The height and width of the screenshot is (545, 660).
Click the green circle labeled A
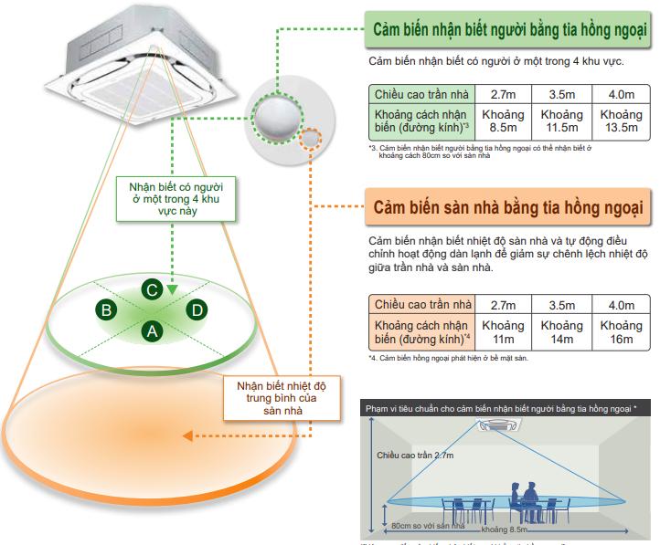(x=153, y=331)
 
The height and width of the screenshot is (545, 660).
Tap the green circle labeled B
(x=107, y=311)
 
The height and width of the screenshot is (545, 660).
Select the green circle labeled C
(x=153, y=290)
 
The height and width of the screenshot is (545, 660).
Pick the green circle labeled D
(x=196, y=311)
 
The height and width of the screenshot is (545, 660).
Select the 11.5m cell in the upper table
(x=562, y=121)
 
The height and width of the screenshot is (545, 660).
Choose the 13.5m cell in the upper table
(x=621, y=121)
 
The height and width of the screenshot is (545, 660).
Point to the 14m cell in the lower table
(x=562, y=332)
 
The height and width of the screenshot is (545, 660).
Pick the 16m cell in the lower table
(x=621, y=332)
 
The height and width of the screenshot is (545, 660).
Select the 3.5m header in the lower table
(x=562, y=304)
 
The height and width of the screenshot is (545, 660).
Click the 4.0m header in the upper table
(x=621, y=94)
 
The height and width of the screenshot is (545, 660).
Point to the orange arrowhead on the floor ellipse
(x=186, y=437)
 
